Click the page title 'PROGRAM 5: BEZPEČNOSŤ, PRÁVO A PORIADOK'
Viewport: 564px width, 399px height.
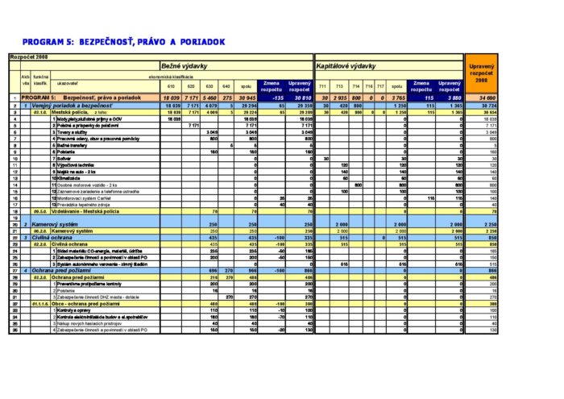point(122,41)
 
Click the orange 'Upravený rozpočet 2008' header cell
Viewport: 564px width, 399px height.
point(481,73)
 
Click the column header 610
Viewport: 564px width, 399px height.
point(170,86)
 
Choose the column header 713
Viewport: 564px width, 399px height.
point(344,86)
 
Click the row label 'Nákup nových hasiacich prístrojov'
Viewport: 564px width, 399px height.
point(93,322)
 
